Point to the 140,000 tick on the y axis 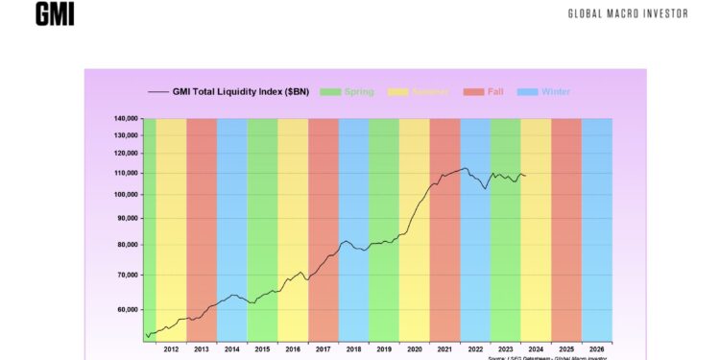pos(127,119)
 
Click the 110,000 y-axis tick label pos(127,173)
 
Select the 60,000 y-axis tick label pos(129,310)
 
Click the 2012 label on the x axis pos(171,348)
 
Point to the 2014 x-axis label pos(231,348)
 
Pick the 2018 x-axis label pos(353,348)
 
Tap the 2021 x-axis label pos(444,348)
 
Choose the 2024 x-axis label pos(536,348)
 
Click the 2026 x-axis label pos(596,348)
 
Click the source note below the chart pos(549,357)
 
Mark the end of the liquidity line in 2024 pos(525,176)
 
